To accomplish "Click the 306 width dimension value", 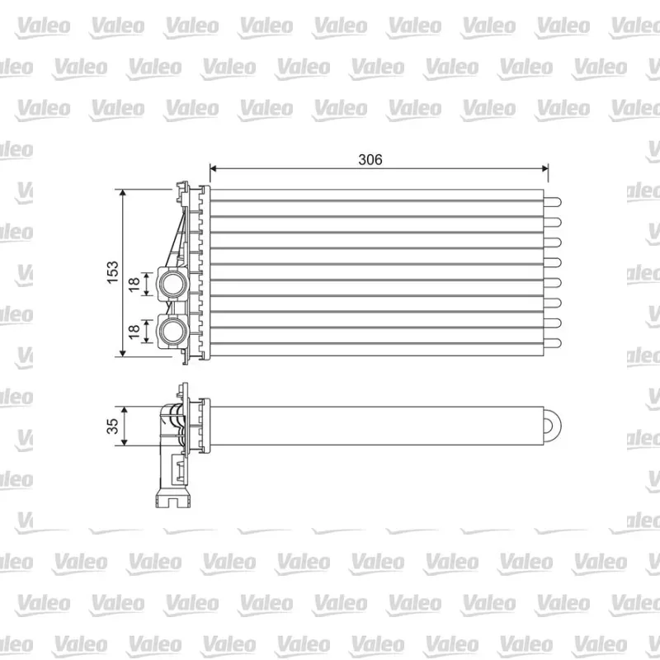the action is click(x=370, y=159).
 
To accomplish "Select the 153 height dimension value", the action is click(x=113, y=272).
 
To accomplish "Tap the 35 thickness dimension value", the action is click(x=113, y=426).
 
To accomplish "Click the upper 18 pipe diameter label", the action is click(x=134, y=285).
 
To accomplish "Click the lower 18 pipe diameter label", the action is click(x=134, y=332).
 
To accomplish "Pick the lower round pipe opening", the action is click(x=173, y=331).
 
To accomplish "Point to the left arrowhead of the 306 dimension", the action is click(x=213, y=169).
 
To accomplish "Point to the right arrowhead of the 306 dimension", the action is click(x=544, y=169).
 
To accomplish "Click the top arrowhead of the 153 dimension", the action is click(x=122, y=193).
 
